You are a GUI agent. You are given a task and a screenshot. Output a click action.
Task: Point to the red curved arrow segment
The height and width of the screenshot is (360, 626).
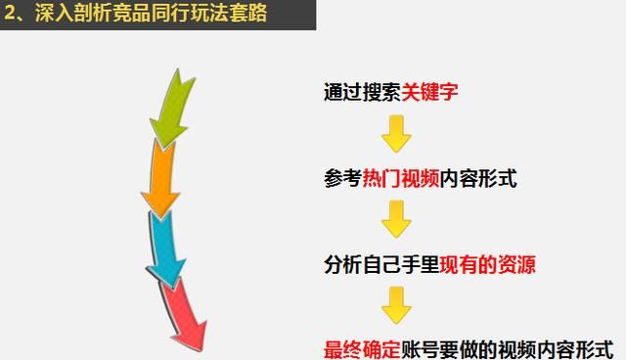point(186,312)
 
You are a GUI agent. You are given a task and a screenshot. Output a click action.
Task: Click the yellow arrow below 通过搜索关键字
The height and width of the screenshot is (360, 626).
point(395,134)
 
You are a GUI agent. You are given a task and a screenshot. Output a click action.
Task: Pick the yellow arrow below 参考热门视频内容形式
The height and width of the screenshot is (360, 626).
point(395,219)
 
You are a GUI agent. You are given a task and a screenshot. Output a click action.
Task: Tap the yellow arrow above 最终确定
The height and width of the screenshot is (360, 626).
point(395,304)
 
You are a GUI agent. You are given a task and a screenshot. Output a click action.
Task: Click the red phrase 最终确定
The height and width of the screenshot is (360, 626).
point(362,349)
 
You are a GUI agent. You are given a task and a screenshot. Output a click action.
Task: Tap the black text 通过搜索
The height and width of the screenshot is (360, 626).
point(361,93)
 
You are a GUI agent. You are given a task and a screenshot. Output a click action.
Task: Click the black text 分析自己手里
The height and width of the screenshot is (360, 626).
point(381,264)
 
